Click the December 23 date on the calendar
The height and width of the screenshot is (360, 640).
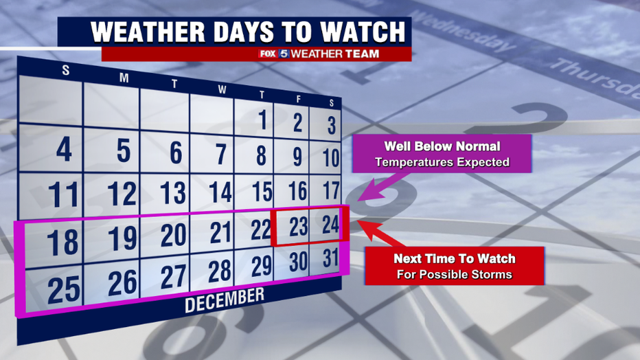[x=298, y=227]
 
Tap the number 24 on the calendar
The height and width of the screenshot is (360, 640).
[x=330, y=224]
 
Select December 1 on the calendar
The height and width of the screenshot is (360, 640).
[x=263, y=120]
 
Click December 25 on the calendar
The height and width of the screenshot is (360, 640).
[x=64, y=290]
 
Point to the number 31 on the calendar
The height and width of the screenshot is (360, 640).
[x=330, y=258]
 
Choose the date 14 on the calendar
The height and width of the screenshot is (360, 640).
[x=220, y=192]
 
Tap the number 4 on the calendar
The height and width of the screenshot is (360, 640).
[x=64, y=149]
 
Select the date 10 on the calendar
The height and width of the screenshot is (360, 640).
[x=331, y=157]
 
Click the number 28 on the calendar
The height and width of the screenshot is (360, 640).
[x=220, y=271]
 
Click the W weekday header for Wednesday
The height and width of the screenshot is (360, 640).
[x=222, y=90]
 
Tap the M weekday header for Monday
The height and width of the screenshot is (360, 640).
[x=124, y=78]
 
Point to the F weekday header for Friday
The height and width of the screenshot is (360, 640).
[x=298, y=99]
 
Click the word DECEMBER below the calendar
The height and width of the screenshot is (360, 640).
[x=225, y=300]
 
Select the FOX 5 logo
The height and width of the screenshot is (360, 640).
[x=274, y=54]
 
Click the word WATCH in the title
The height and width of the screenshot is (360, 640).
[x=363, y=32]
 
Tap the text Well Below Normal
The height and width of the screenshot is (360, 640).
[x=442, y=146]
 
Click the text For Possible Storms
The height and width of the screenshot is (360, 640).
[x=455, y=274]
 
